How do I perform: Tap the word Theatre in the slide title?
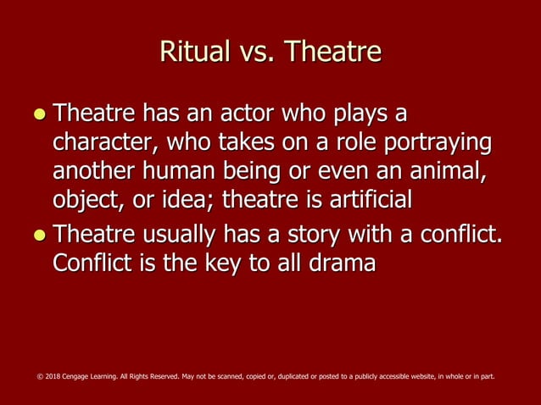(333, 53)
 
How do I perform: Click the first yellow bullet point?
(36, 114)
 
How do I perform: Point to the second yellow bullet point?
(36, 234)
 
